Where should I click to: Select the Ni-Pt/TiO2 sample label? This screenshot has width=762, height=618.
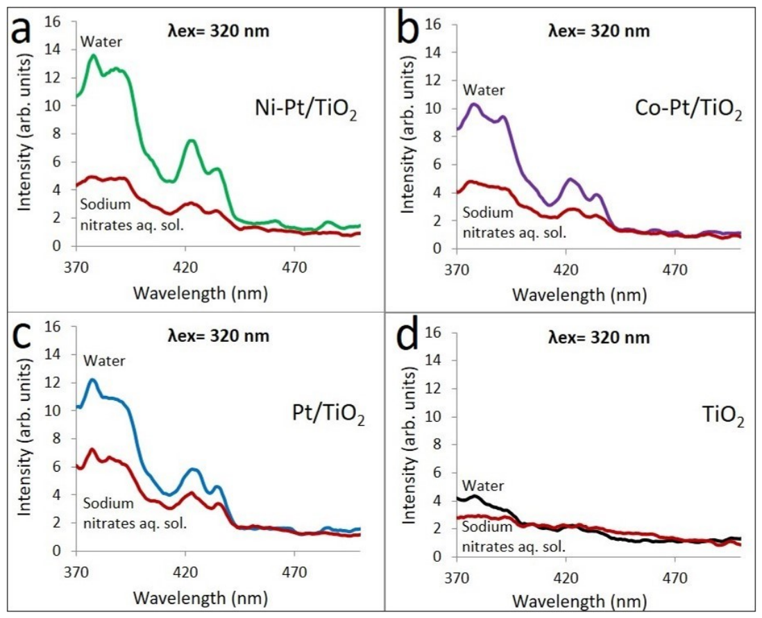click(306, 110)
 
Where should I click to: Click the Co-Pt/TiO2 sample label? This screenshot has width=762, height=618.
click(688, 110)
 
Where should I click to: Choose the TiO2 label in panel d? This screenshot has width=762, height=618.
click(723, 416)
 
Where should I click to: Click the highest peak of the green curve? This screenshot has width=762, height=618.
click(93, 56)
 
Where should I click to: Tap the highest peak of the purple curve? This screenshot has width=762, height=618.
click(474, 104)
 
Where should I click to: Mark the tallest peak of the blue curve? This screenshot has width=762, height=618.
click(92, 380)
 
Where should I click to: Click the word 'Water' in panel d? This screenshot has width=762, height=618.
click(483, 486)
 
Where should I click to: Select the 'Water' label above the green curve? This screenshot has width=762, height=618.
click(101, 42)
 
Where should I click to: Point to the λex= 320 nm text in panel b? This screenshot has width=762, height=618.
click(599, 31)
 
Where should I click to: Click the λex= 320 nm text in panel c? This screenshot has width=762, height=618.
click(218, 336)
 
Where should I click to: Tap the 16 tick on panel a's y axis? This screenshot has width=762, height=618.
click(53, 22)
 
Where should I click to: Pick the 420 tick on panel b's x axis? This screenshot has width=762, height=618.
click(566, 269)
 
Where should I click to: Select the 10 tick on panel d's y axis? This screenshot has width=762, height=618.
click(434, 416)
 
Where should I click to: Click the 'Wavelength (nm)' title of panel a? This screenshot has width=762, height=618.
click(201, 293)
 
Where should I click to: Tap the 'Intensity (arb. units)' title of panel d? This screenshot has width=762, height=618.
click(409, 445)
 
